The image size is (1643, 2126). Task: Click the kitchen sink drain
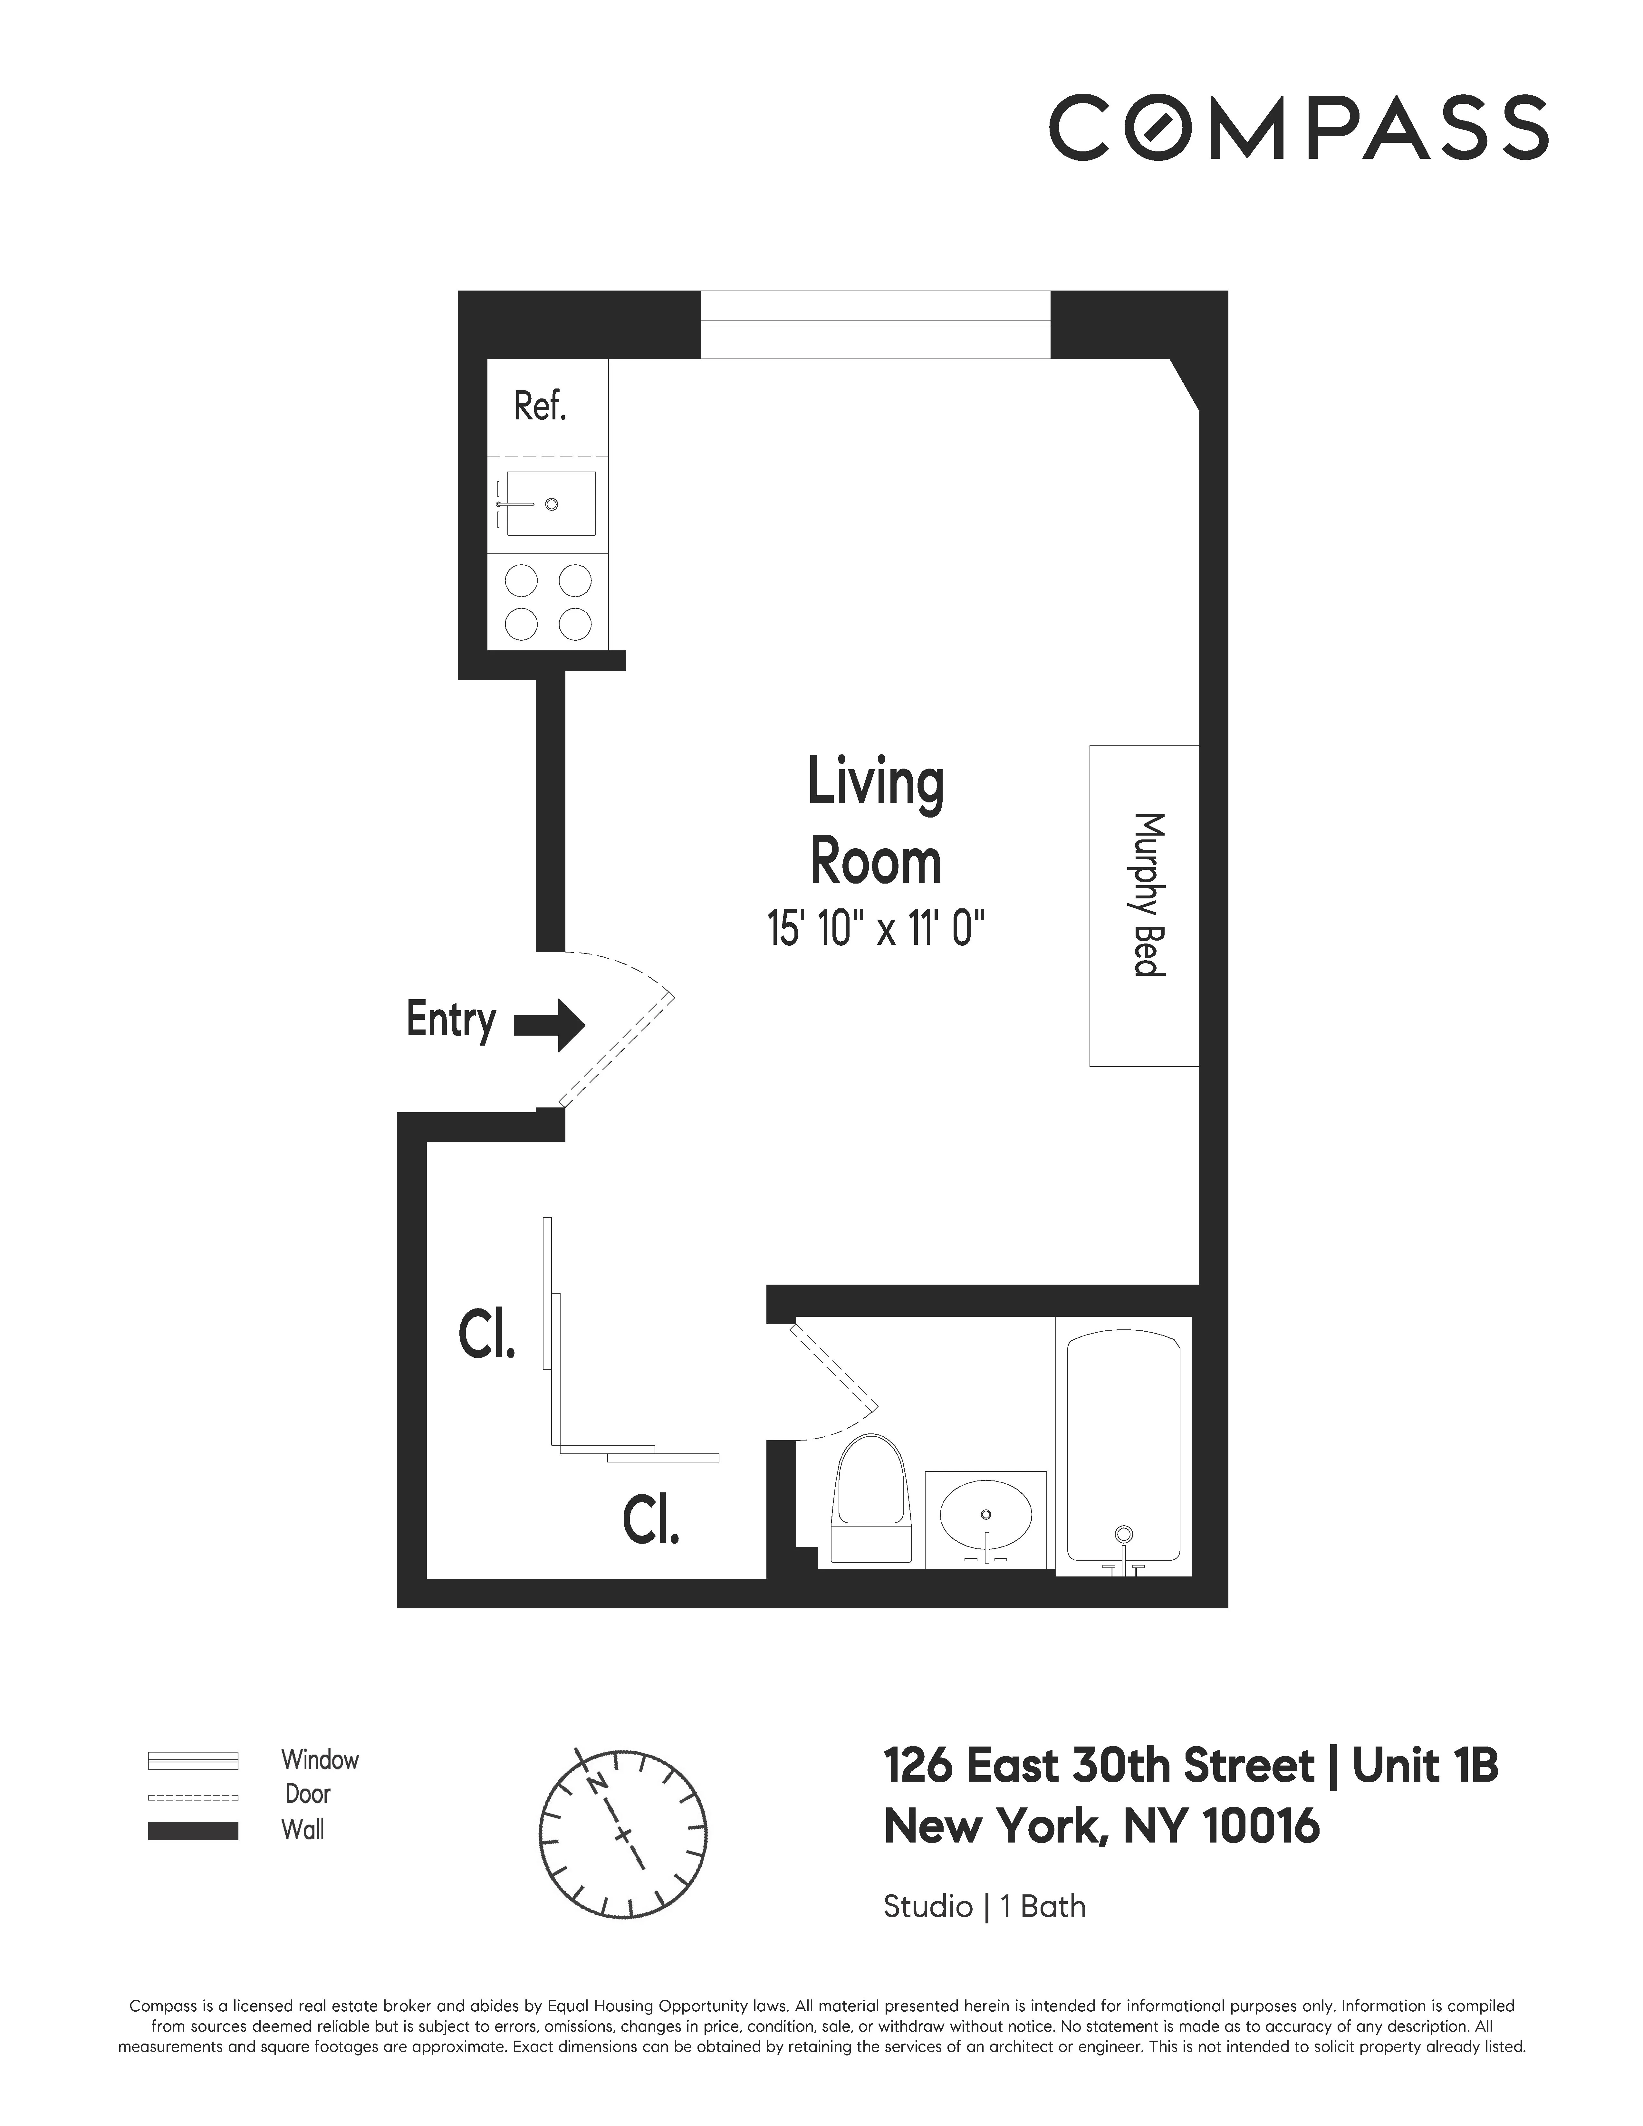551,504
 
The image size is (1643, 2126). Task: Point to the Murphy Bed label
1148,894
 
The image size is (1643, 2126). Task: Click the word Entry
451,1020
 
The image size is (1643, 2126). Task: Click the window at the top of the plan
875,324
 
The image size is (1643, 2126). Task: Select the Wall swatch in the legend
193,1830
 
